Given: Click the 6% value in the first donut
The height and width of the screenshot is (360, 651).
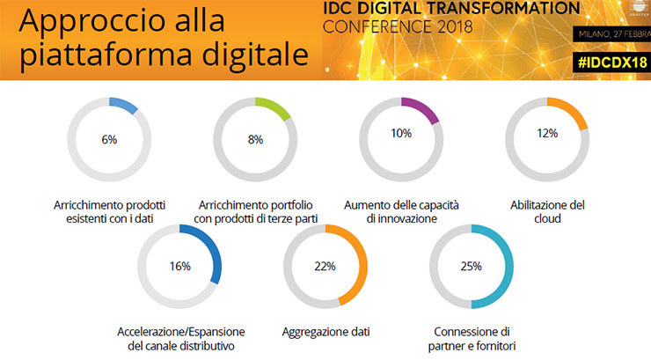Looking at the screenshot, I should pos(109,138).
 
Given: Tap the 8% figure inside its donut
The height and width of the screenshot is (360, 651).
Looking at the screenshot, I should pos(255,138).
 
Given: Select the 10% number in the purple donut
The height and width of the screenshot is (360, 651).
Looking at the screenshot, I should pos(401,134).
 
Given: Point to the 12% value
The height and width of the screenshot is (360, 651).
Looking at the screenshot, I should pos(547,134).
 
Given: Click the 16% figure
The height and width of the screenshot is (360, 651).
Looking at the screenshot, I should pos(179,266).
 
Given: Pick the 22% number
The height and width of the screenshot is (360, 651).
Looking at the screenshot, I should pos(326,266).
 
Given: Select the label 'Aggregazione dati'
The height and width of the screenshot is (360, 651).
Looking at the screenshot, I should pos(326,332).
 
